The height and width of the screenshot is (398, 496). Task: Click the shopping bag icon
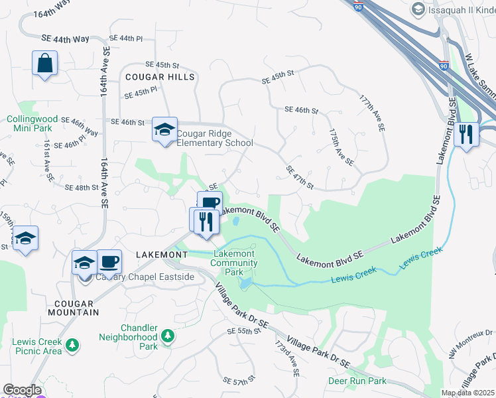(44, 64)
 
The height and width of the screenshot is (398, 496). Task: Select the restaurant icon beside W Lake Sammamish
(466, 135)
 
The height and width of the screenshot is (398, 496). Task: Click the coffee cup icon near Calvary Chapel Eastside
(109, 261)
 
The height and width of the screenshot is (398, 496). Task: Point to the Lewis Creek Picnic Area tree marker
(72, 345)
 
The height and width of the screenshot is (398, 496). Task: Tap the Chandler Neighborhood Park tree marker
(168, 336)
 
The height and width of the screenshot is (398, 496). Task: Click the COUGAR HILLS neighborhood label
(160, 77)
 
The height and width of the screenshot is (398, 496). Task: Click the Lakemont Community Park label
(233, 263)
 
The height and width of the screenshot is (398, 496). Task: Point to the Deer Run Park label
(357, 381)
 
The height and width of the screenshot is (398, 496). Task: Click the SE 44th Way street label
(65, 39)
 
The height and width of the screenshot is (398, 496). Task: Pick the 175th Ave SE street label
(341, 146)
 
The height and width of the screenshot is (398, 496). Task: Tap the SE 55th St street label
(240, 330)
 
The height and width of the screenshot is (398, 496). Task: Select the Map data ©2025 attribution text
(467, 393)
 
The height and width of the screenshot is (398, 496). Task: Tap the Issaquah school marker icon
(418, 8)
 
